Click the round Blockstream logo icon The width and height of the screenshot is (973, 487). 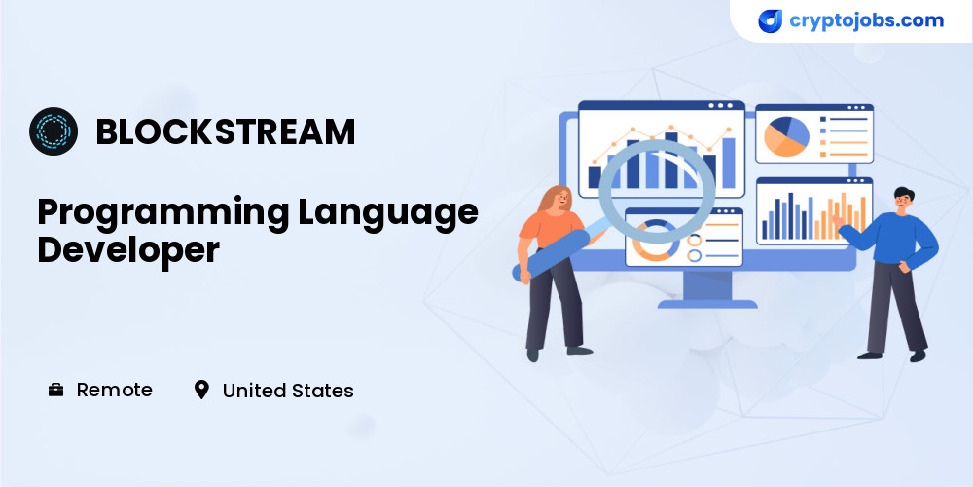coord(54,131)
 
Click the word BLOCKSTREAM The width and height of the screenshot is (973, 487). coord(226,131)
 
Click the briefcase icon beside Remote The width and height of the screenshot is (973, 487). coord(55,391)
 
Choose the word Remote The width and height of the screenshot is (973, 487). coord(114,391)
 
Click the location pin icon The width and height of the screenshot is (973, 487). coord(201,391)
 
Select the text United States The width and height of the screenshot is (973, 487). coord(288,391)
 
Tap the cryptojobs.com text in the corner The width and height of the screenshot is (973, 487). coord(866,20)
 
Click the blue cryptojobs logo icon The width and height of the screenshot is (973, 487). coord(770,21)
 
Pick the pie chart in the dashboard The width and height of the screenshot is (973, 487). coord(786,136)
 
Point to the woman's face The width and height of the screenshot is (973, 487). coord(561,199)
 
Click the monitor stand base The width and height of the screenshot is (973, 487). coord(707,304)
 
